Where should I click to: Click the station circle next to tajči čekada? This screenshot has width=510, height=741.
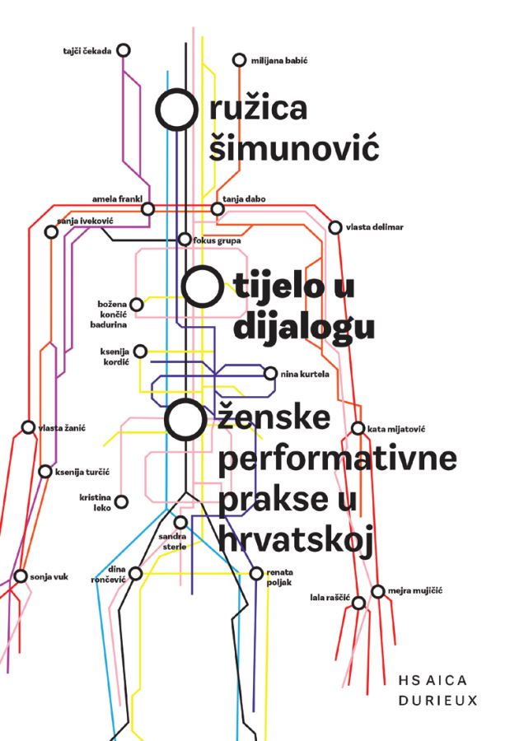pos(123,50)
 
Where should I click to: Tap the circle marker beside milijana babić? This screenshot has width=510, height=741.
pos(240,60)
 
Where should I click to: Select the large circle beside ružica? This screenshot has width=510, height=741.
pos(176,110)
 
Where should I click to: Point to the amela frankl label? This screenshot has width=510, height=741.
pos(117,199)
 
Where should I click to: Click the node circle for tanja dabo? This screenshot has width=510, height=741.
pos(218,208)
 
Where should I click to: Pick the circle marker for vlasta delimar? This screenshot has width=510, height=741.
pos(335,227)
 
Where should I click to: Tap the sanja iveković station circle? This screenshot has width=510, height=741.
pos(51,231)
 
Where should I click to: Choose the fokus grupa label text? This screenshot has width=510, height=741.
pos(217,240)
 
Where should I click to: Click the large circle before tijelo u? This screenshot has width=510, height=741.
pos(203,287)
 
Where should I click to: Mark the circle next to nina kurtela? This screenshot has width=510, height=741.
pos(270,373)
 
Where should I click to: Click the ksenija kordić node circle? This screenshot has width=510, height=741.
pos(140,351)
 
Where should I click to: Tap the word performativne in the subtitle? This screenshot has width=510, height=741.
pos(337,458)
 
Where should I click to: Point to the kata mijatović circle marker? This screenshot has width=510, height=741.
pos(358,429)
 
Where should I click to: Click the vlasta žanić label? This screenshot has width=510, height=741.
pos(62,428)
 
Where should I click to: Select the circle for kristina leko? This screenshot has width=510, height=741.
pos(122,502)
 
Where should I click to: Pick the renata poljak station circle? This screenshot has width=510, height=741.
pos(256,573)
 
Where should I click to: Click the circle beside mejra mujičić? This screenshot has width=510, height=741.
pos(377,591)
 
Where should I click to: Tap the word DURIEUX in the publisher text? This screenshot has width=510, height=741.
pos(438,701)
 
